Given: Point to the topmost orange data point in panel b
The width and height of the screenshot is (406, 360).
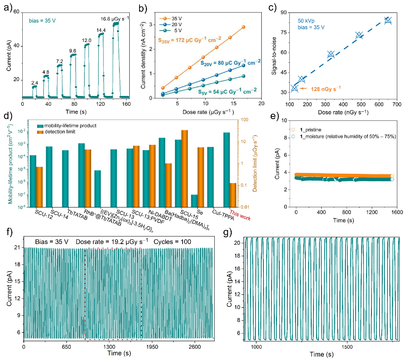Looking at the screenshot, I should (x=243, y=27).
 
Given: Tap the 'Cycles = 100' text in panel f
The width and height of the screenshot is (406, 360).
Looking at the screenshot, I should (x=172, y=242).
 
